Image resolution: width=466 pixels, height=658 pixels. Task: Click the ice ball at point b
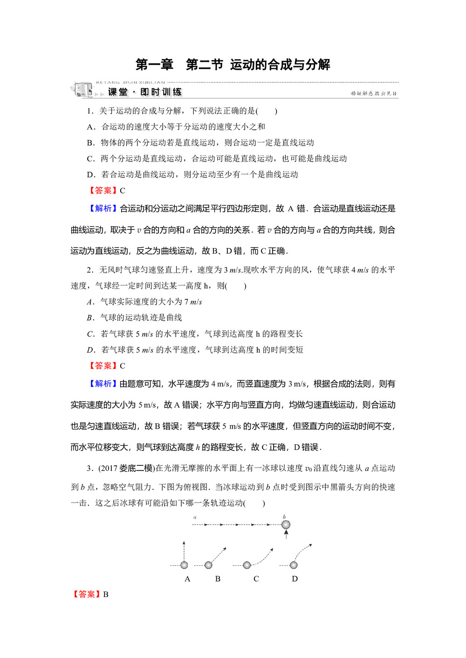286,524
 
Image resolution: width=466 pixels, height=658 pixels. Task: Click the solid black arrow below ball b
286,534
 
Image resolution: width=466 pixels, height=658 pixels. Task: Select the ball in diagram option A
184,565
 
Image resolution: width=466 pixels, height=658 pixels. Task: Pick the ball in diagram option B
208,565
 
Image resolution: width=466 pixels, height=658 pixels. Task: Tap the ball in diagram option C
247,565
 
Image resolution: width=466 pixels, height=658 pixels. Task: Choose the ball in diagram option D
294,565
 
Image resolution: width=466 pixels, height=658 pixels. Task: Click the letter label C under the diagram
256,579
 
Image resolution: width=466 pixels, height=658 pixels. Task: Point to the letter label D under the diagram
295,579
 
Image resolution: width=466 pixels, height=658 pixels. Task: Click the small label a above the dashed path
195,517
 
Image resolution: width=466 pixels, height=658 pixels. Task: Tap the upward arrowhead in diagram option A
184,543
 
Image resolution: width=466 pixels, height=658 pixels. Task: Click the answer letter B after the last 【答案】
106,594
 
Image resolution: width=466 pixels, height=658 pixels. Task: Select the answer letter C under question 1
123,190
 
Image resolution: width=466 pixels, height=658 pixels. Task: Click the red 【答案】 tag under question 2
103,366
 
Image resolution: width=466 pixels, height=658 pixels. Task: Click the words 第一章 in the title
154,65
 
